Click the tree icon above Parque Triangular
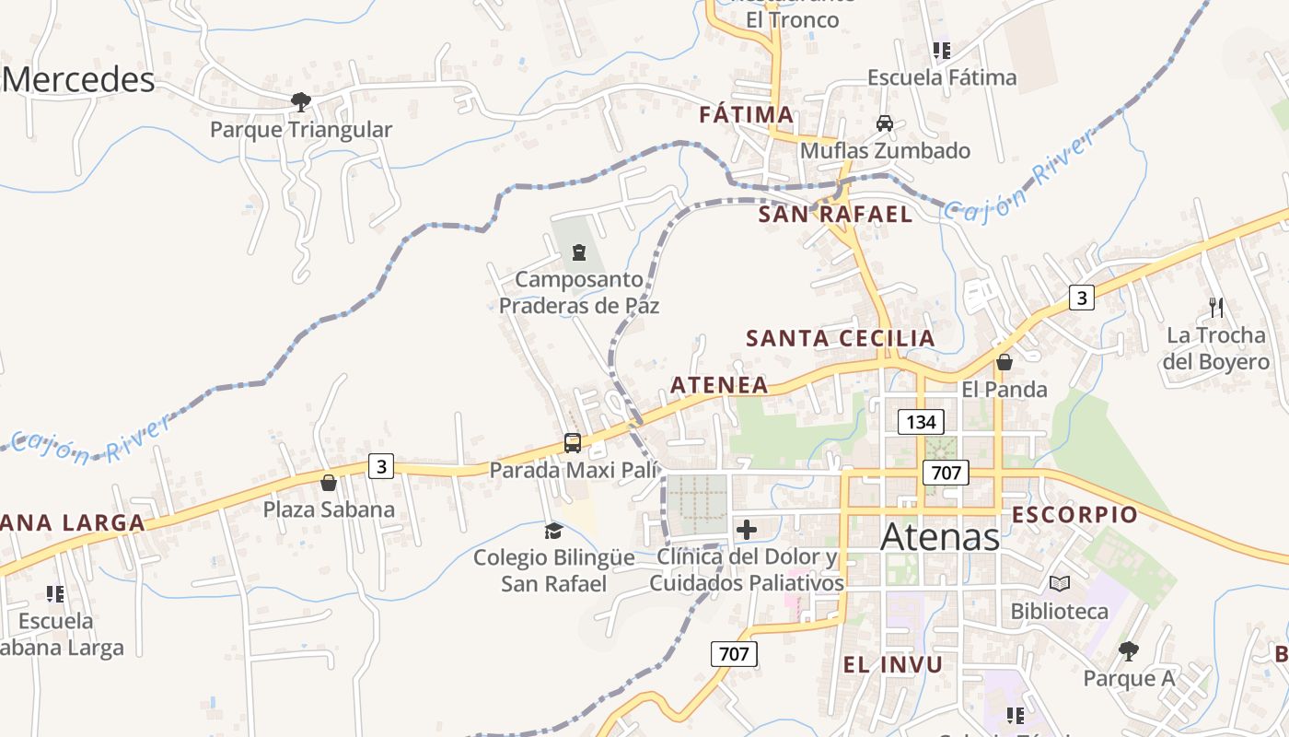(x=300, y=101)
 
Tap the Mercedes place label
(x=78, y=80)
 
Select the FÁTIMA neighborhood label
(x=746, y=115)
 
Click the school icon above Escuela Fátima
(x=940, y=51)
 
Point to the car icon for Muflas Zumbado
(x=884, y=123)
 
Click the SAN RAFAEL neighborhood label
(x=835, y=215)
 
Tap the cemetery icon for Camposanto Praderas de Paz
(x=579, y=252)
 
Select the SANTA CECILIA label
(x=840, y=338)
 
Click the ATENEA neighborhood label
(x=719, y=385)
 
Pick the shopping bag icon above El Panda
(x=1004, y=362)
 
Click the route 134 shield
(x=921, y=422)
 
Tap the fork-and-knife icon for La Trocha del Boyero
(x=1216, y=307)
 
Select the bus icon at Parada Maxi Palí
(x=573, y=443)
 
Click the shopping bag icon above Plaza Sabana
(x=329, y=483)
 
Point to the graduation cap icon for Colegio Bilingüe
(x=553, y=531)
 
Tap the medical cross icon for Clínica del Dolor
(x=747, y=530)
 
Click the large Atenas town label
(x=940, y=537)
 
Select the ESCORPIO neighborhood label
(x=1074, y=515)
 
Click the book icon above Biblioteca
(x=1060, y=583)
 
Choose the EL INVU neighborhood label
(x=892, y=664)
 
